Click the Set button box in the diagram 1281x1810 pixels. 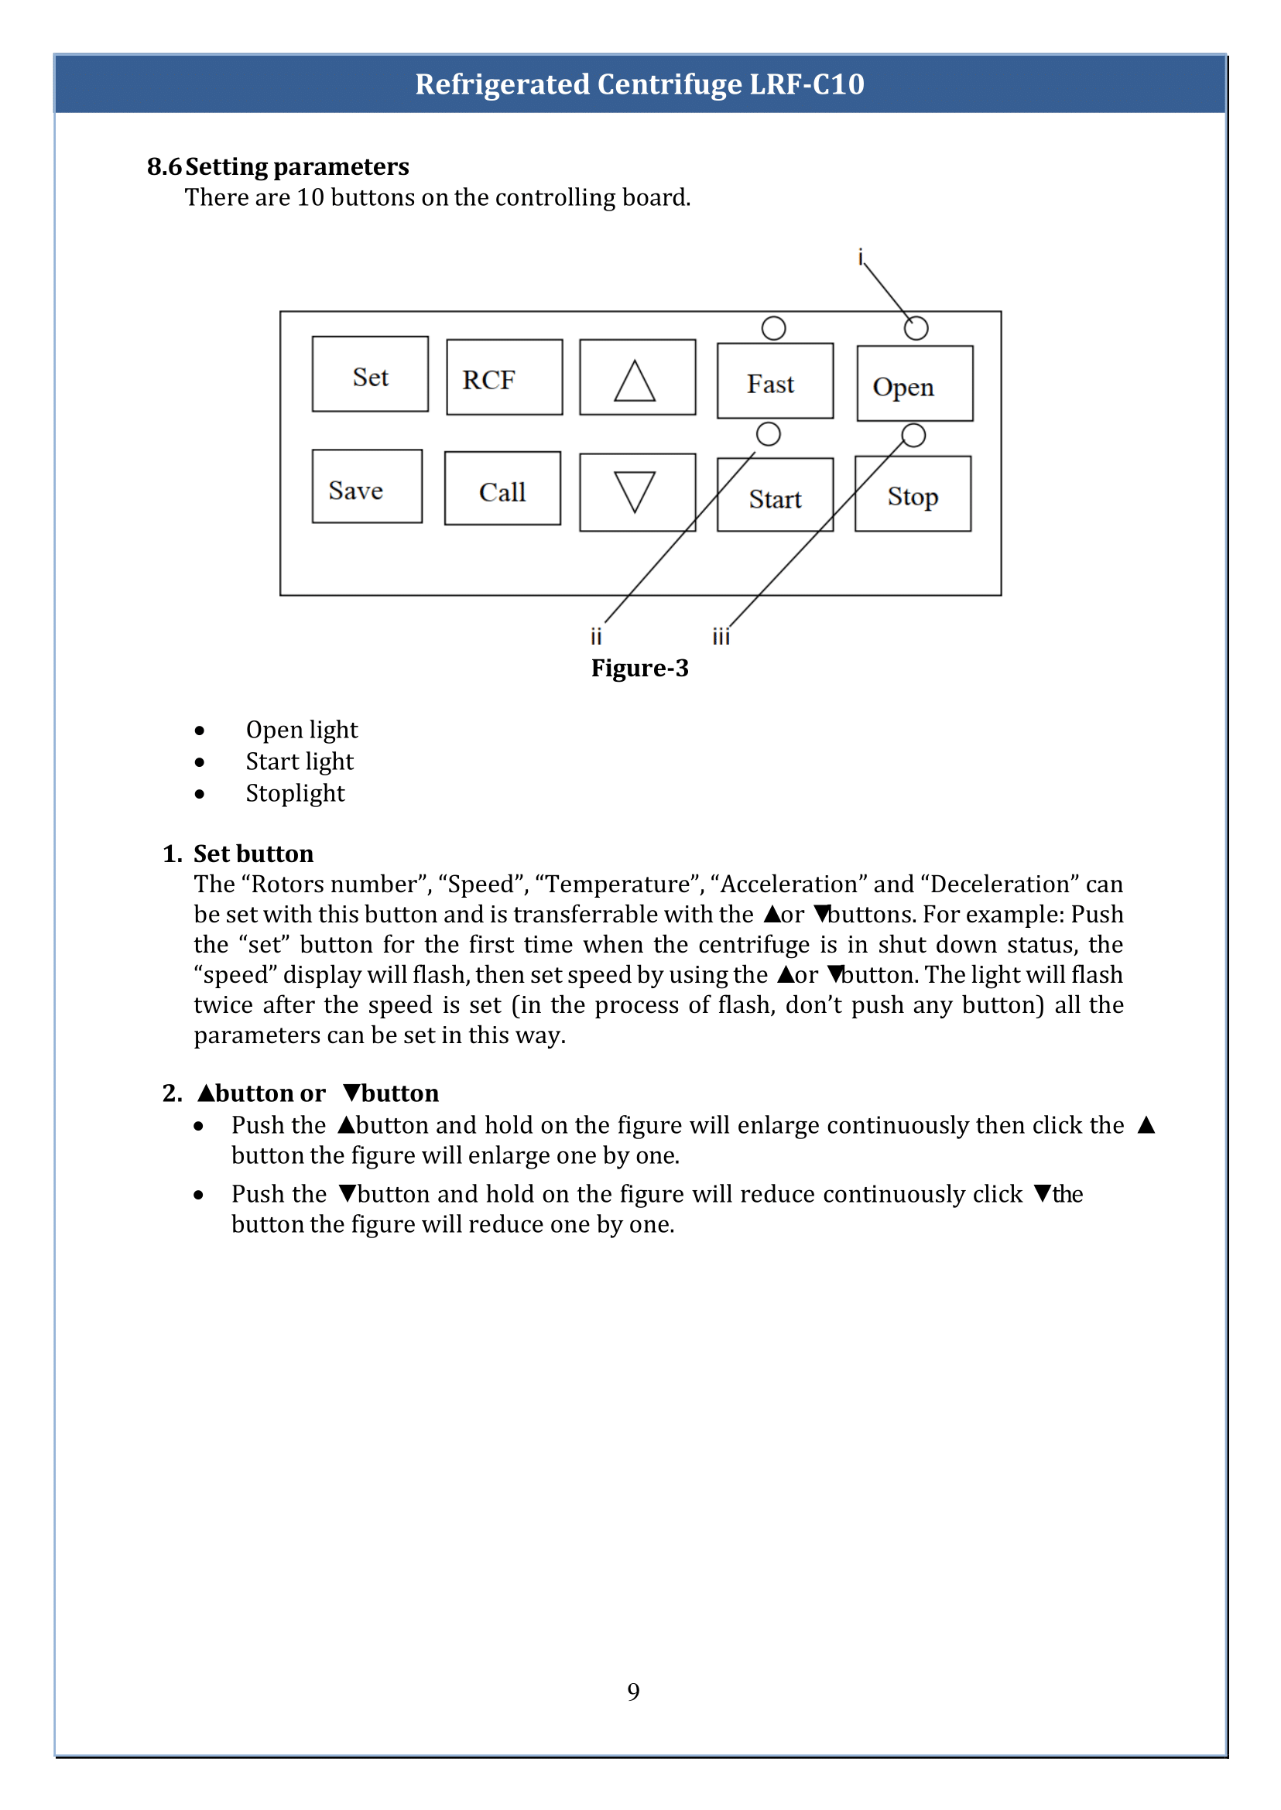[370, 374]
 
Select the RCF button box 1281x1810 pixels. [504, 377]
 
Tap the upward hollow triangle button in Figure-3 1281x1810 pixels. [636, 378]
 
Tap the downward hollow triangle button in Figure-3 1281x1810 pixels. [636, 492]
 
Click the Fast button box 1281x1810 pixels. [775, 381]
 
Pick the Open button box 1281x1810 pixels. [914, 384]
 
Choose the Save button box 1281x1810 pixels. [367, 487]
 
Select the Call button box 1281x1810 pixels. [502, 488]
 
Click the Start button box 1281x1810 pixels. [775, 495]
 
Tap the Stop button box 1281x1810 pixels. [913, 494]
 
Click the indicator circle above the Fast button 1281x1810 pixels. [773, 328]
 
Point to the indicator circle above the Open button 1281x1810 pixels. [916, 328]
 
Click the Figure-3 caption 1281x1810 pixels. [639, 668]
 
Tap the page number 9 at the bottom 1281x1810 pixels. [633, 1691]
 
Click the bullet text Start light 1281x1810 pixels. [299, 761]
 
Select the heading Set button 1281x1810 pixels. [252, 854]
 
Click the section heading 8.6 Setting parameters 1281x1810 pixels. [278, 166]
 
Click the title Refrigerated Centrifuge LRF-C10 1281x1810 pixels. [639, 84]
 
